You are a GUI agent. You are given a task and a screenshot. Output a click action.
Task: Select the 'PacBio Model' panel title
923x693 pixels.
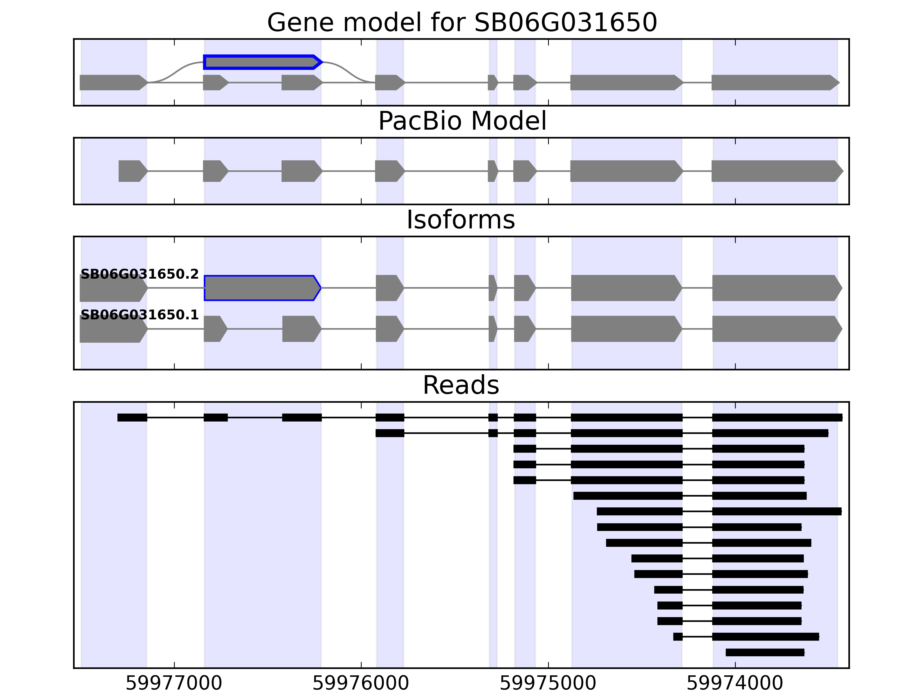[461, 121]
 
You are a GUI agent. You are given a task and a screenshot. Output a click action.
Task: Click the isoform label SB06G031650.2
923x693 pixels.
[139, 274]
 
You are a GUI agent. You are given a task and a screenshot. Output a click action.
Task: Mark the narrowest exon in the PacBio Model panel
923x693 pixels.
[492, 171]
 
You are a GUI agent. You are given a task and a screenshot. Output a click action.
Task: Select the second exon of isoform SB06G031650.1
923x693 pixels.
[215, 329]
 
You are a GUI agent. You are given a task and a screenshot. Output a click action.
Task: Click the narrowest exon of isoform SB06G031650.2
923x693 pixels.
[492, 288]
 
